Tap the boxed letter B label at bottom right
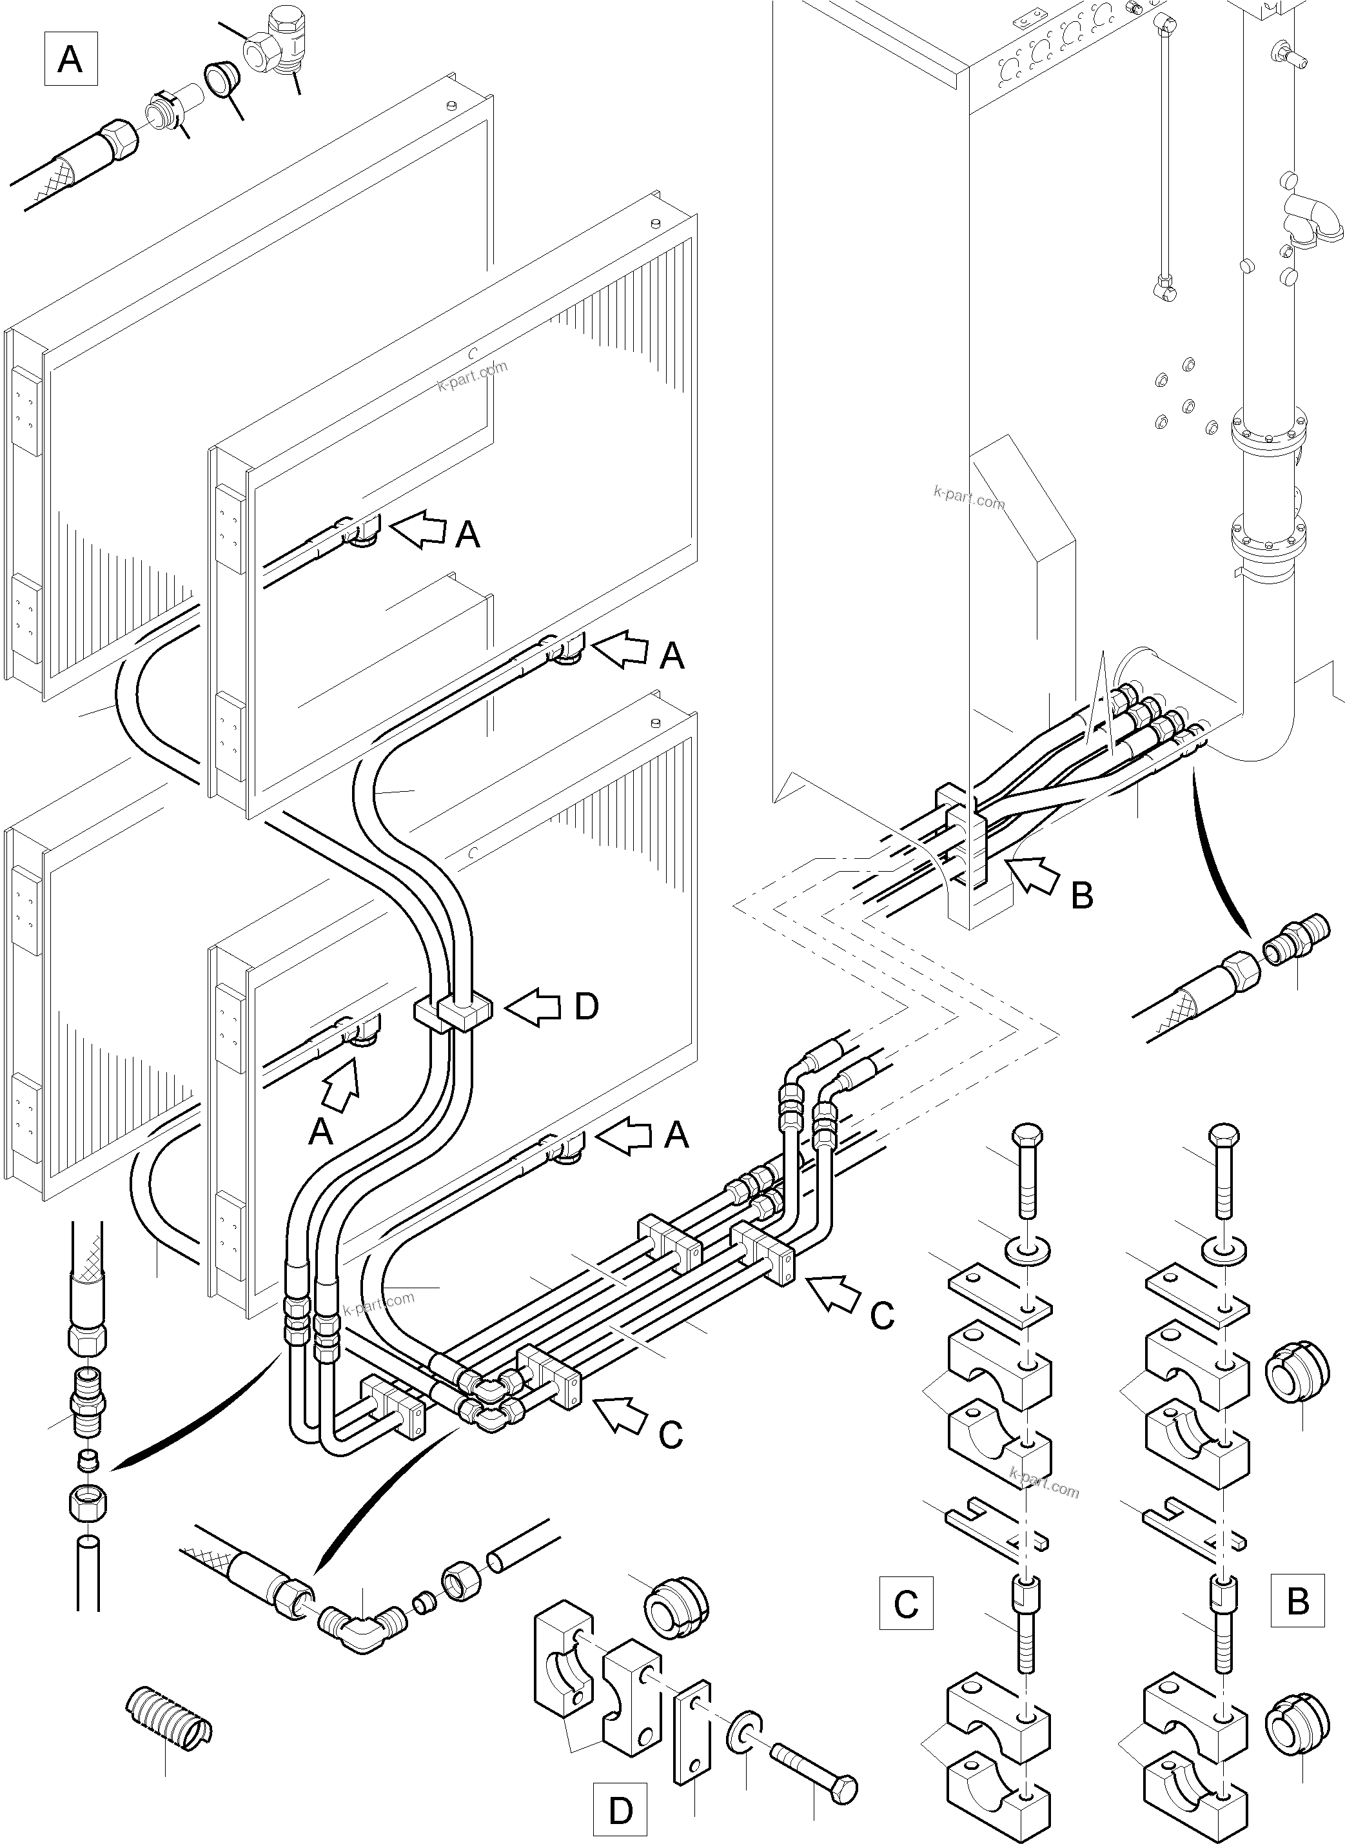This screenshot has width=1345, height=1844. [1298, 1602]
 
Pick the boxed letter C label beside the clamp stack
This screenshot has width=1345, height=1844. [905, 1604]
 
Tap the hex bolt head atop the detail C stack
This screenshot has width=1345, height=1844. [1028, 1135]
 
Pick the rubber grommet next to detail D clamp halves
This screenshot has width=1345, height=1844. [676, 1605]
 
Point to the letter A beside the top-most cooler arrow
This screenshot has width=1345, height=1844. [467, 535]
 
